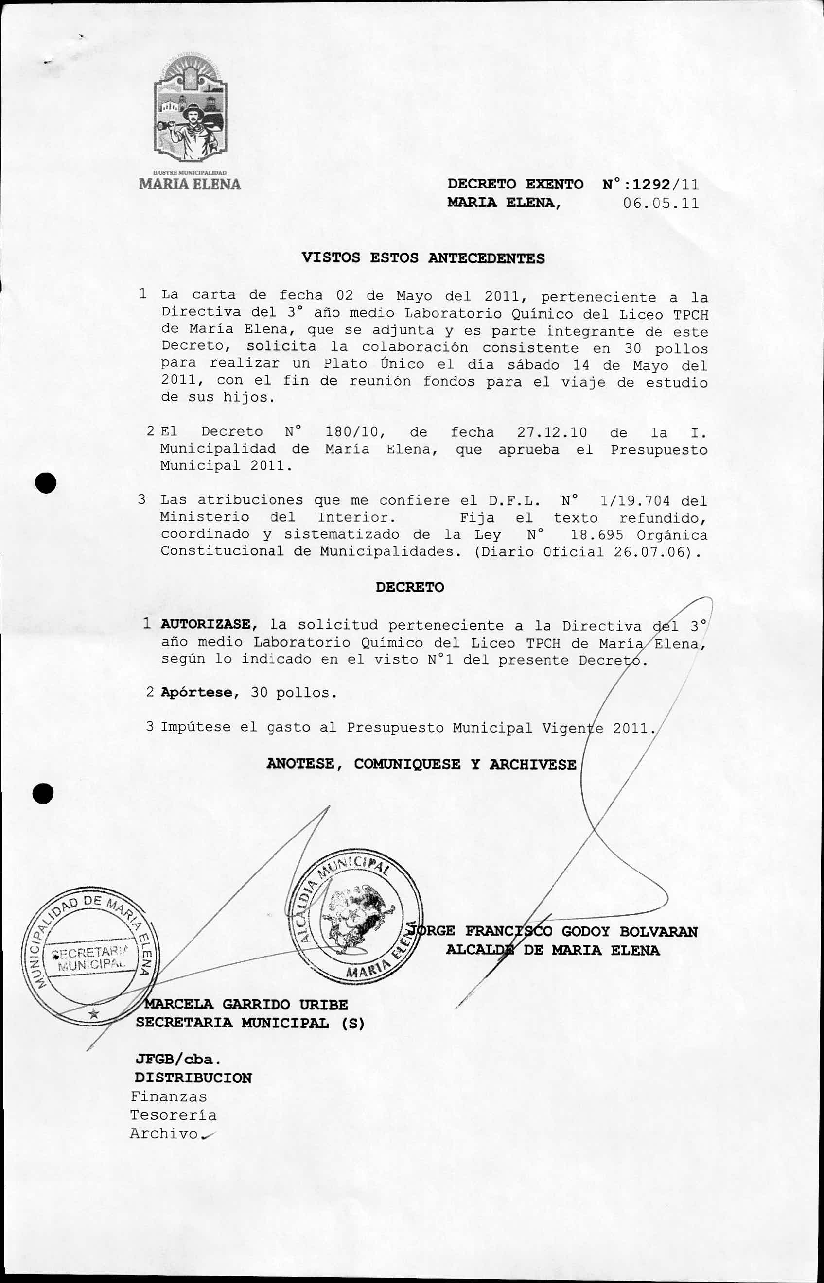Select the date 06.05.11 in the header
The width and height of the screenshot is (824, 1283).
pos(661,203)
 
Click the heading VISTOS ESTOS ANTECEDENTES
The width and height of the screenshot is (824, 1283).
pos(423,258)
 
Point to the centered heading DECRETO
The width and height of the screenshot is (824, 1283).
pos(409,587)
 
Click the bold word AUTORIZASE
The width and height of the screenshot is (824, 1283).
pos(206,624)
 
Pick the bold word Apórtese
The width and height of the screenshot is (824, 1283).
pos(197,692)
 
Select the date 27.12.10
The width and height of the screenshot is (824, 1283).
pos(552,432)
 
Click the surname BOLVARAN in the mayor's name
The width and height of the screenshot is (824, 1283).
pos(658,931)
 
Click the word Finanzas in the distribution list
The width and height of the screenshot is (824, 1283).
pos(169,1096)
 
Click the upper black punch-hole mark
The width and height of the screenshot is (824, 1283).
pos(46,483)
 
